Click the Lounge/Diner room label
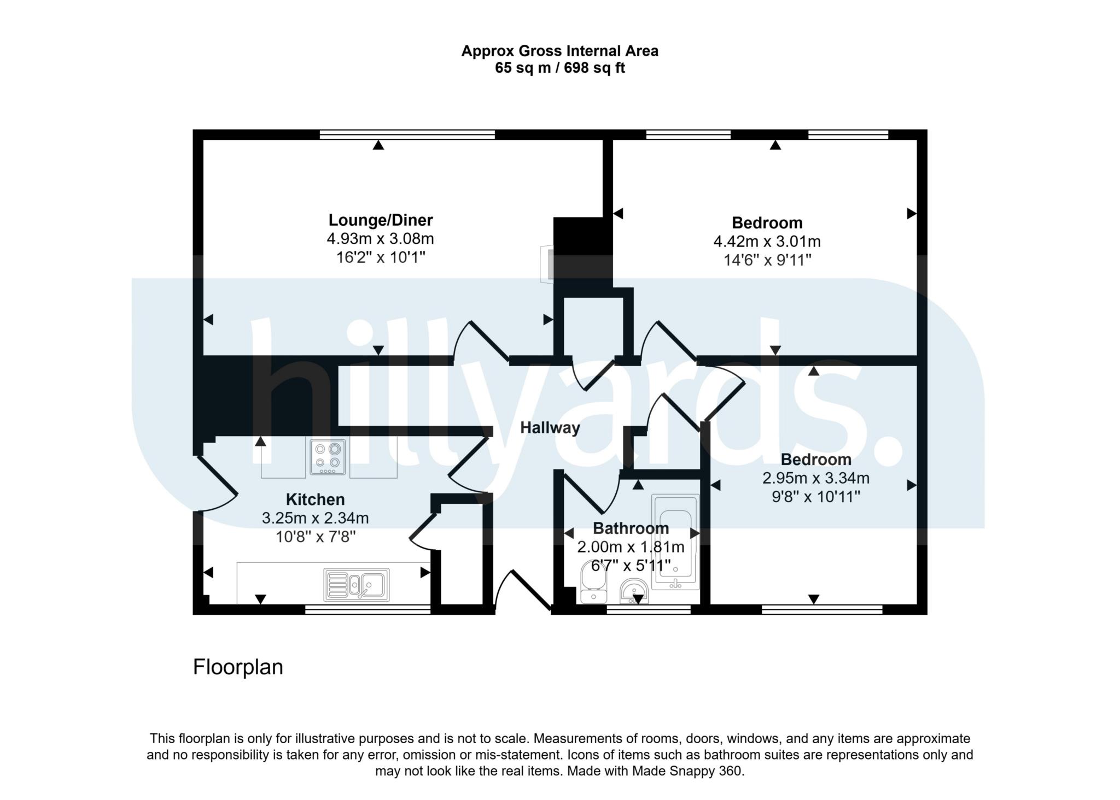point(380,220)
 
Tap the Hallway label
point(550,427)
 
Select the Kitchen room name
point(315,499)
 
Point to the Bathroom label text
point(631,528)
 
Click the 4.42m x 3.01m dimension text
point(767,241)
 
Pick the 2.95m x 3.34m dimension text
point(816,478)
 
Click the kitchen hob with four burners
point(328,457)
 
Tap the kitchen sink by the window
point(357,585)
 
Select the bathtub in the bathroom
point(675,542)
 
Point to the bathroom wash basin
point(634,592)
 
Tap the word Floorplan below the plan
point(238,667)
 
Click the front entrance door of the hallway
point(522,590)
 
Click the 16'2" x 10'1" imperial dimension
point(381,257)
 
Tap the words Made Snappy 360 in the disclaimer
point(688,771)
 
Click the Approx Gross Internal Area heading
point(560,51)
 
